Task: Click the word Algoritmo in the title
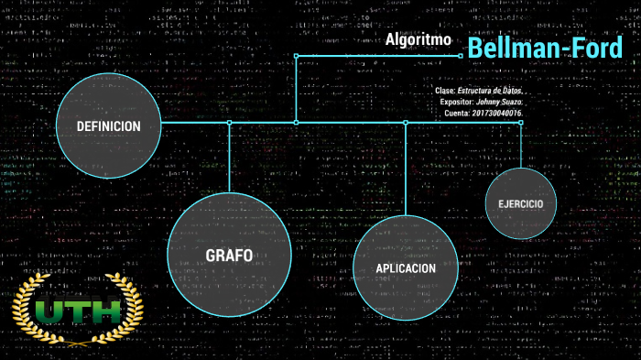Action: point(418,40)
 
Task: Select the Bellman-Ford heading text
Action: point(545,49)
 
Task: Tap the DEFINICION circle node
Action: point(108,126)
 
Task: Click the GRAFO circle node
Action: point(229,255)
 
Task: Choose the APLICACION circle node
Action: point(405,267)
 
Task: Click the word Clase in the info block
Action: point(444,92)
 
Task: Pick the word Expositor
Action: point(456,103)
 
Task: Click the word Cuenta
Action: point(456,114)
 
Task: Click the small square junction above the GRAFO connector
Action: point(230,122)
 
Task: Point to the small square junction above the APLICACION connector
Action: point(406,122)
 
